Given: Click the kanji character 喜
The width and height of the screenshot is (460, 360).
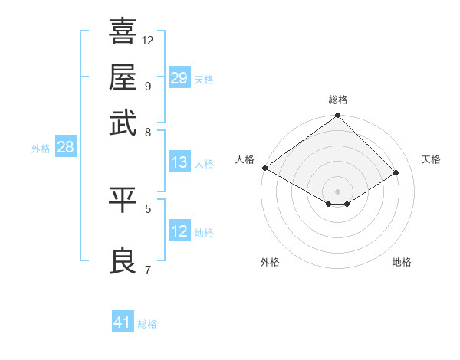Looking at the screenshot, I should click(x=123, y=32).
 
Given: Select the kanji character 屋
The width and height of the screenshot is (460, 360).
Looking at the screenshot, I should click(x=123, y=77).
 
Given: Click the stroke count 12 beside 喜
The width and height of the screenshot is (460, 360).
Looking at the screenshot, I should click(x=148, y=40).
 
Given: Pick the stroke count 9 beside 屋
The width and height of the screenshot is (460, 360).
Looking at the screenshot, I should click(x=147, y=85).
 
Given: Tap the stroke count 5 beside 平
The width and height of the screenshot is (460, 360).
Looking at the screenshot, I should click(x=147, y=207).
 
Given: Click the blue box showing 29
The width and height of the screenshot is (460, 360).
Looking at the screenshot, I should click(x=179, y=77).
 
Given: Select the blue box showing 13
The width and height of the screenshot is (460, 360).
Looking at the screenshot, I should click(x=179, y=162).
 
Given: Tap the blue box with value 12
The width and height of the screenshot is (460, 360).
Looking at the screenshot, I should click(x=179, y=231).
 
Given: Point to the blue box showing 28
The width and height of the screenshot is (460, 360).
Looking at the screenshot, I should click(x=65, y=148).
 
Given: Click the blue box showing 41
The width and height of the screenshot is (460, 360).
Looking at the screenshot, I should click(x=123, y=322).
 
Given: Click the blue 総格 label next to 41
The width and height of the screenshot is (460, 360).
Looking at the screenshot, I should click(x=147, y=324).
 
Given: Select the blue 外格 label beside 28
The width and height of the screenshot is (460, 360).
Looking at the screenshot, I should click(x=40, y=149).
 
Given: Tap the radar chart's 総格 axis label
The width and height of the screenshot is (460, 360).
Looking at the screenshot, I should click(x=337, y=100).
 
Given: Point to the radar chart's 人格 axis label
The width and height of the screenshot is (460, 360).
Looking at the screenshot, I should click(x=245, y=159).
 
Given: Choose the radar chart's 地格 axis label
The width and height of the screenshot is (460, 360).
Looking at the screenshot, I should click(x=402, y=262).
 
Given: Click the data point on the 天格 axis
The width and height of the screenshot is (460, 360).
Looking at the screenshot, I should click(x=396, y=173).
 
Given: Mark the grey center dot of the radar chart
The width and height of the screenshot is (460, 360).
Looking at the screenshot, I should click(x=337, y=191).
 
